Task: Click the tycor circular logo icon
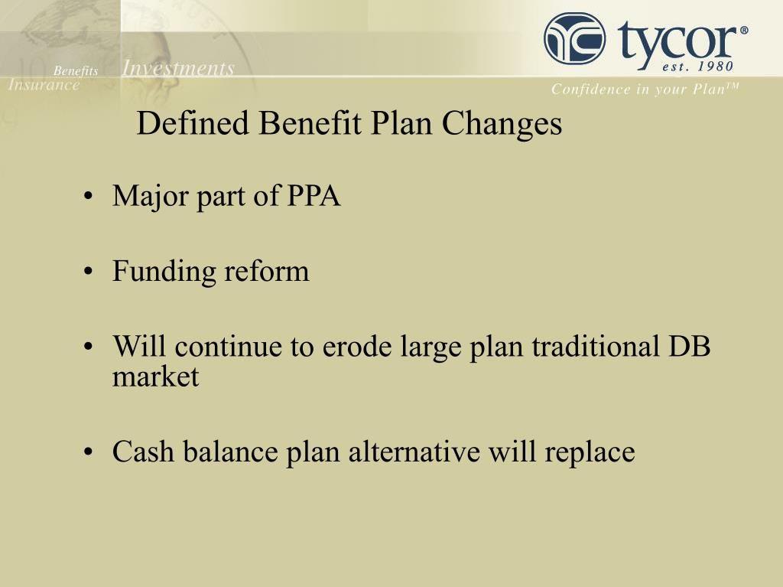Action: [574, 39]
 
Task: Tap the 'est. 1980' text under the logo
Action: [697, 66]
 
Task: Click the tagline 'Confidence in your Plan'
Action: [645, 90]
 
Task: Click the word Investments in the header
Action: [178, 69]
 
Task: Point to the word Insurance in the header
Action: [44, 85]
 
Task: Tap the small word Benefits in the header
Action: [76, 71]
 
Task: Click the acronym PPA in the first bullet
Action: [314, 197]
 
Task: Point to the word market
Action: [155, 377]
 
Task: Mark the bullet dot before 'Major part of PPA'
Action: [90, 198]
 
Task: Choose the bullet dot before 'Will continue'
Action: [90, 348]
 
